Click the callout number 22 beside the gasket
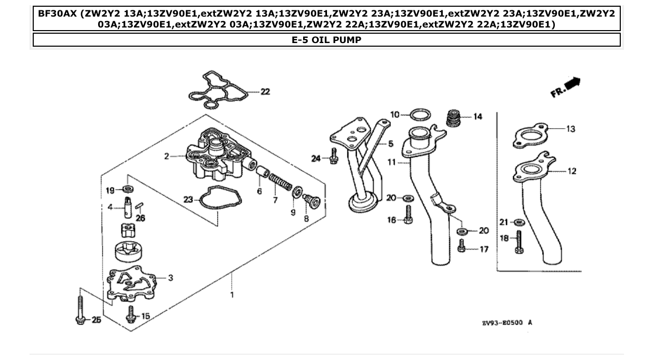[265, 92]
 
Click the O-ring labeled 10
[420, 114]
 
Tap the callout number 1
[232, 295]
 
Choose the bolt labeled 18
[519, 242]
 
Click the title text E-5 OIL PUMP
[326, 40]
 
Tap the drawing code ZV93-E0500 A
[507, 323]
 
